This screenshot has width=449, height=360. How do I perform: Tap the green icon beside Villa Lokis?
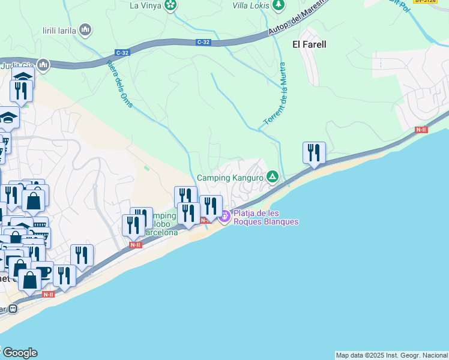click(x=278, y=5)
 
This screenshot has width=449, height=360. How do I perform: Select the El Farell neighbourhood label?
click(x=309, y=44)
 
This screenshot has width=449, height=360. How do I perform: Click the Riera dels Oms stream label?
click(x=119, y=84)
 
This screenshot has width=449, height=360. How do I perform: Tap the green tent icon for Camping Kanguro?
click(x=273, y=176)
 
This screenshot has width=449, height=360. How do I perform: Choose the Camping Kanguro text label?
click(x=231, y=178)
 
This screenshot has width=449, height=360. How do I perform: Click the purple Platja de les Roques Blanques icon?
click(x=224, y=217)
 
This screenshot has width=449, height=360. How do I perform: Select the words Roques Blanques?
click(x=266, y=221)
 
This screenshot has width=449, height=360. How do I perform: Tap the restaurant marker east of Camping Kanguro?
click(x=314, y=153)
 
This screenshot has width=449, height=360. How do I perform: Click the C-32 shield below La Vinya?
click(x=204, y=42)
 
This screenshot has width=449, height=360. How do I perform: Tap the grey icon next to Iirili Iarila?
click(x=85, y=29)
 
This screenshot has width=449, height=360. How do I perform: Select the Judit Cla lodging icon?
click(x=43, y=65)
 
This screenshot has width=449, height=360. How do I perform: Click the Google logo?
click(x=19, y=353)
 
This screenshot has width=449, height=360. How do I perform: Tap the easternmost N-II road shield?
click(x=421, y=130)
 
